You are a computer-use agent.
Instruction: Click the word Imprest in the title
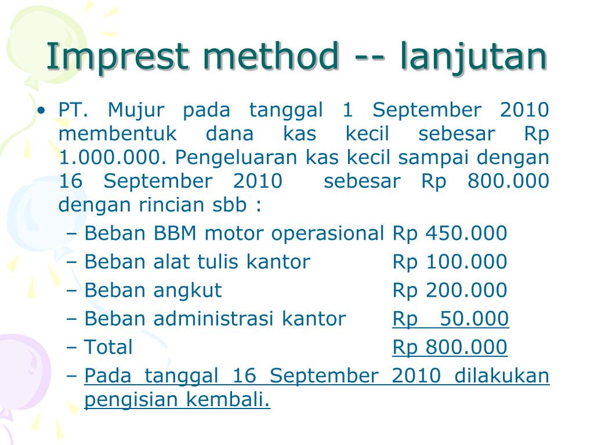click(117, 57)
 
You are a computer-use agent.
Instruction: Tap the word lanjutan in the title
click(473, 57)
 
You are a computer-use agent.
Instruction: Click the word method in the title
click(267, 57)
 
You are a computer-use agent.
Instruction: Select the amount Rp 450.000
click(450, 234)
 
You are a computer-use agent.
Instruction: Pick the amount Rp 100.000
click(450, 262)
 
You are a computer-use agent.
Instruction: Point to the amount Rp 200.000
click(450, 290)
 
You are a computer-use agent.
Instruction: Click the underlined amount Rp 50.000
click(450, 319)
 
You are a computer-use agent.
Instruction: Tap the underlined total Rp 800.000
click(450, 347)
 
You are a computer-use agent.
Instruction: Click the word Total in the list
click(108, 347)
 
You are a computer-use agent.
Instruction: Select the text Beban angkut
click(153, 290)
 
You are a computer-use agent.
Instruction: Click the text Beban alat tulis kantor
click(197, 262)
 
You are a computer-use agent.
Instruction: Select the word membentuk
click(118, 134)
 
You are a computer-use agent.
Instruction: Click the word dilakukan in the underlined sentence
click(502, 376)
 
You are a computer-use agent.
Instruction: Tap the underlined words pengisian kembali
click(177, 400)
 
